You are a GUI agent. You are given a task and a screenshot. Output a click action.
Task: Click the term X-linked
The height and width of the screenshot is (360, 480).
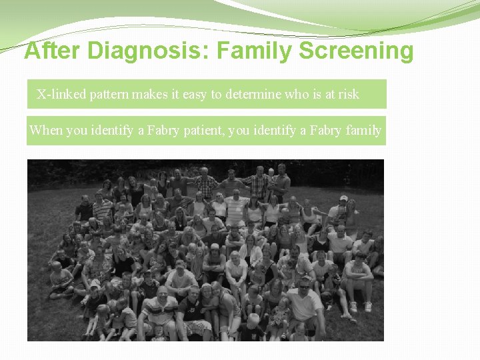click(61, 94)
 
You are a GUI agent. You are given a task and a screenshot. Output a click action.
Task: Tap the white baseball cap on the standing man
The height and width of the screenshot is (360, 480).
click(343, 198)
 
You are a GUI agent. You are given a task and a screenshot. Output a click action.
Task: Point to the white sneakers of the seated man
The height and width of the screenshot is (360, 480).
click(361, 307)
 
